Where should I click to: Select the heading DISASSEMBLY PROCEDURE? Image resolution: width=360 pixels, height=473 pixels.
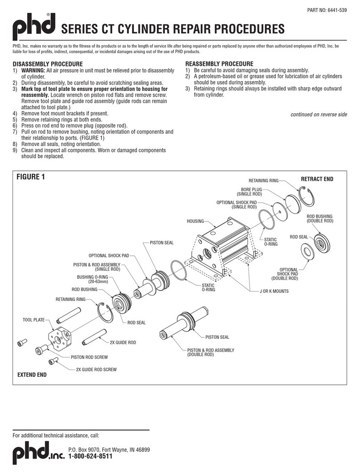(48, 64)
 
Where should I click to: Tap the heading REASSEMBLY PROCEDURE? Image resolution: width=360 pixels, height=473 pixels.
(219, 64)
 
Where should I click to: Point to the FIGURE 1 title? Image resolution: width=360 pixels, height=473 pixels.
(31, 177)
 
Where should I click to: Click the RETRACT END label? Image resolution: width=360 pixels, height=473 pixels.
(317, 179)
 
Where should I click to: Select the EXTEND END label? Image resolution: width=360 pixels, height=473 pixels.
(32, 375)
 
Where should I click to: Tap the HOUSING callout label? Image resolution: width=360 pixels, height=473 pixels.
(195, 221)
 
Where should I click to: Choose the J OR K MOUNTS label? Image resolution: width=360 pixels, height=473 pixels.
(274, 291)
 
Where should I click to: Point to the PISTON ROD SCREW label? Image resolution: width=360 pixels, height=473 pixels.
(90, 357)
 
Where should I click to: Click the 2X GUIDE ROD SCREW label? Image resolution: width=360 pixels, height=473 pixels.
(96, 370)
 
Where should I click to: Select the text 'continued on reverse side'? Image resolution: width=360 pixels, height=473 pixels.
(319, 115)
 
